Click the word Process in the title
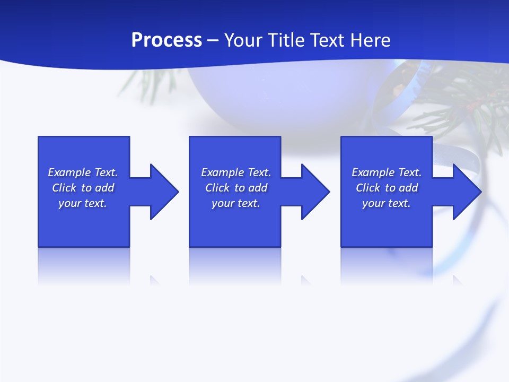pyautogui.click(x=166, y=40)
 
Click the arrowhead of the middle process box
pyautogui.click(x=315, y=192)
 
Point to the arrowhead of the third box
pyautogui.click(x=467, y=192)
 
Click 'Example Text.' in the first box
pyautogui.click(x=83, y=172)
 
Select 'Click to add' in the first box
pyautogui.click(x=83, y=188)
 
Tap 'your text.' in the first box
pyautogui.click(x=83, y=203)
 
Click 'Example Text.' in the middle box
pyautogui.click(x=236, y=172)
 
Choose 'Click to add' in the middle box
pyautogui.click(x=236, y=188)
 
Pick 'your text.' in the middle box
pyautogui.click(x=236, y=203)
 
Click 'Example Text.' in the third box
pyautogui.click(x=387, y=172)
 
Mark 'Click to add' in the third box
pyautogui.click(x=387, y=188)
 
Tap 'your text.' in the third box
pyautogui.click(x=387, y=203)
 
